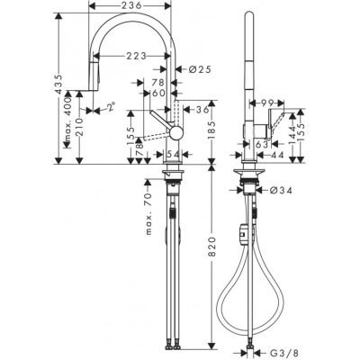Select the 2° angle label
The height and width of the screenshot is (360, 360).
(110, 107)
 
